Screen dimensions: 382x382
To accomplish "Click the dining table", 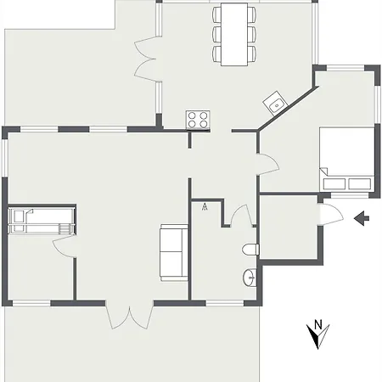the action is coord(234,34).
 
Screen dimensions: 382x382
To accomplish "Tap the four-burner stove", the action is coord(198,120).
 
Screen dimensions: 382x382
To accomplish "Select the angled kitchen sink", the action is coord(275,104).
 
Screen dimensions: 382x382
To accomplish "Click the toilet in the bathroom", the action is coord(250,250).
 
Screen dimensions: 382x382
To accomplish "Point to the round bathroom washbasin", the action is coord(250,278).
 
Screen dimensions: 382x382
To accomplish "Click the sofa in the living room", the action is coord(174,253).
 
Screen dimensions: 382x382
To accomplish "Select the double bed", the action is coord(347,160).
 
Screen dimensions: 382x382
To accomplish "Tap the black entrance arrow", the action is coord(362,218).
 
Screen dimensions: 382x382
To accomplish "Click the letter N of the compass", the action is coord(318,324).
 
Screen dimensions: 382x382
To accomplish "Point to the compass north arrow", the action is coord(317,337).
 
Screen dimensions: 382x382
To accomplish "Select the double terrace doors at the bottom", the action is coord(130,317).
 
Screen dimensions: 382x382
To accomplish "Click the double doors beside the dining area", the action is coord(145,59).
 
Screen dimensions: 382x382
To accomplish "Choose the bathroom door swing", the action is coord(241,215).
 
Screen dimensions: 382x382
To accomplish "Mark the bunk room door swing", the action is coord(64,246).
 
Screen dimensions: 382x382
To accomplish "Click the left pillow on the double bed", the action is coord(334,184).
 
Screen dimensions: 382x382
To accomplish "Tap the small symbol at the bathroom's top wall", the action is coord(205,207).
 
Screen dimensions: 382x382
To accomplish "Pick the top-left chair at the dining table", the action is coord(217,15).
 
